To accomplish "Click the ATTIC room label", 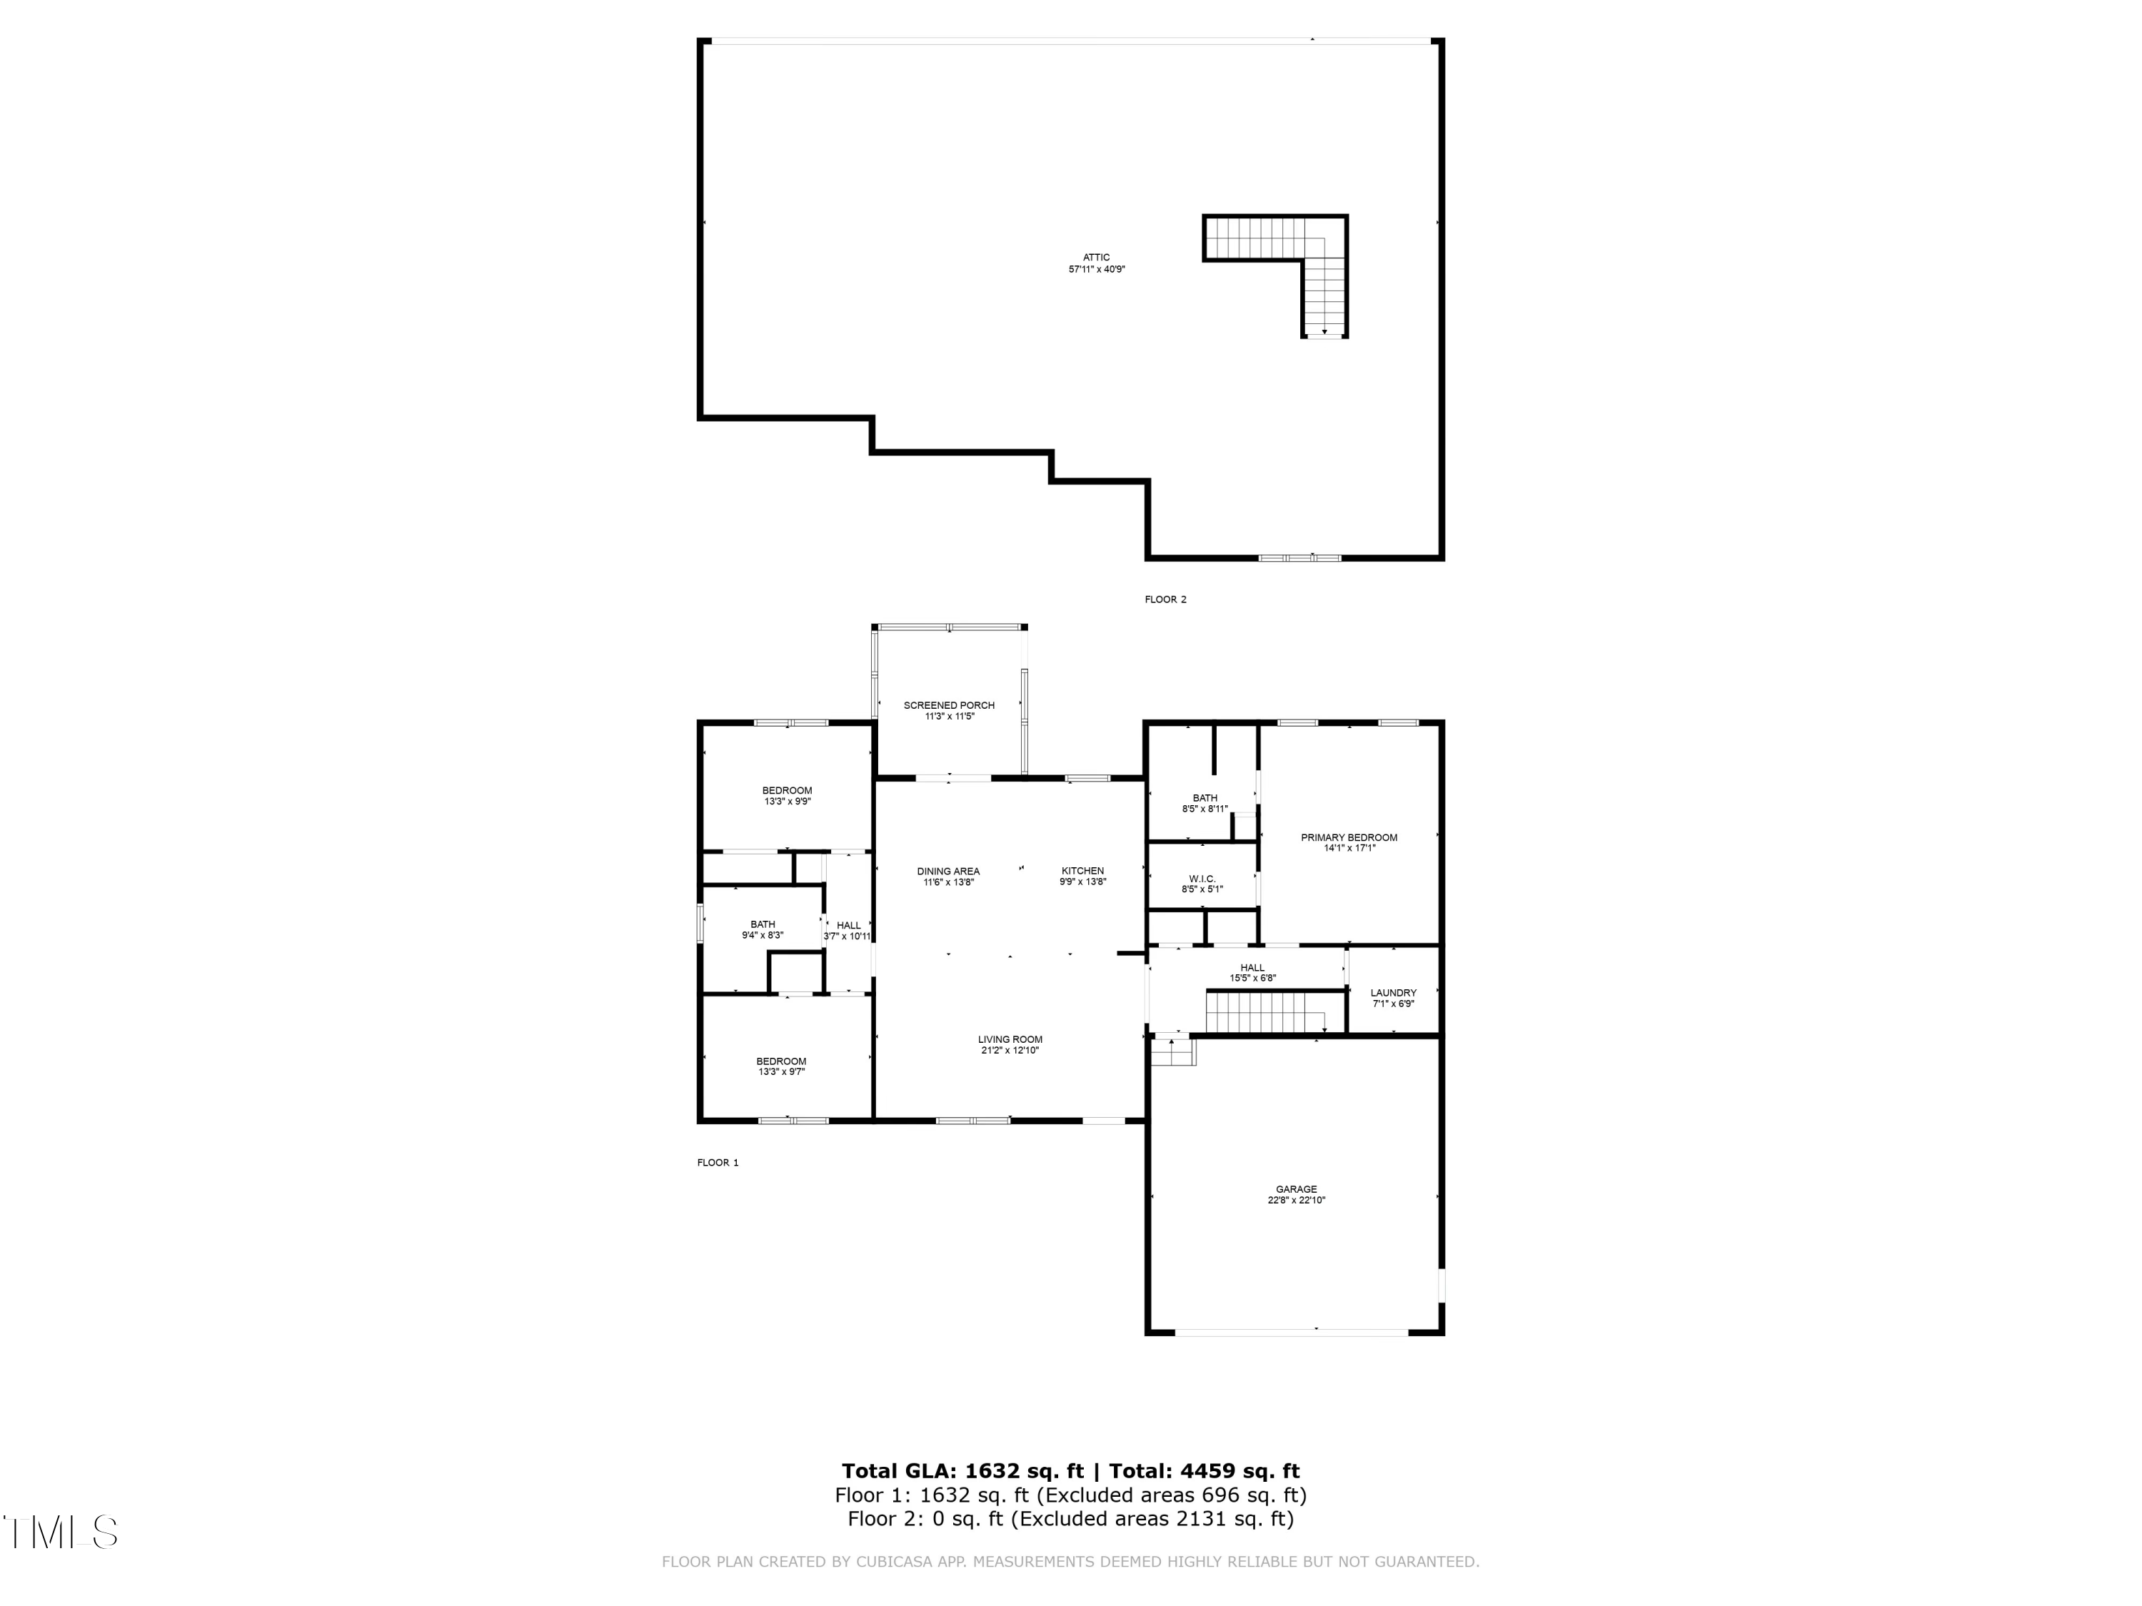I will (x=1096, y=258).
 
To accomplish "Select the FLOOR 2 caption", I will (x=1165, y=600).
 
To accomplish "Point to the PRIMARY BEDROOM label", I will (x=1349, y=837).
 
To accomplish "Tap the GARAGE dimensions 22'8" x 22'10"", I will (x=1296, y=1201).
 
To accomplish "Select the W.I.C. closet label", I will (x=1202, y=879).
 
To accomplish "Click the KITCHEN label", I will (x=1082, y=872).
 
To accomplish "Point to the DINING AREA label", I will (x=948, y=872).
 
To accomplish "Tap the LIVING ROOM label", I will (x=1010, y=1040).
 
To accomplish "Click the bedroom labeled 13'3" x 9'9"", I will (x=786, y=796).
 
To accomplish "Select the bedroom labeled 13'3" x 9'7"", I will (x=780, y=1066).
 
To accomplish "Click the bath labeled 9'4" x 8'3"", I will (x=762, y=929).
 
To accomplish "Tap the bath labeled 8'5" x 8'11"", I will (x=1205, y=802).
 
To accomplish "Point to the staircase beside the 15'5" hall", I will (x=1264, y=1013).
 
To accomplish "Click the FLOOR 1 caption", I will (x=718, y=1163).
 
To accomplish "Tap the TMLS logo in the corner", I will (x=60, y=1532).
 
